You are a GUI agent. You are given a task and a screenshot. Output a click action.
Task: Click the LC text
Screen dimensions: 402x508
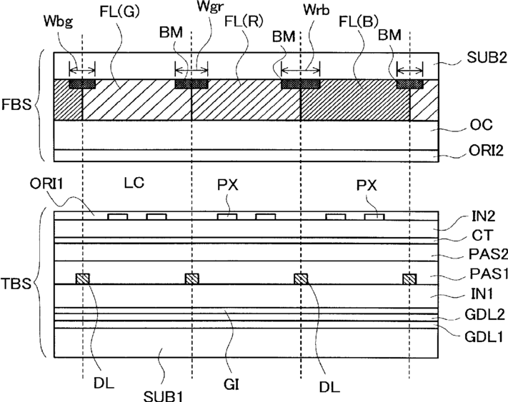point(134,183)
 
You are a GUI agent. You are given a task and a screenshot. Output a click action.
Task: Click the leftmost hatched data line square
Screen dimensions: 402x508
point(83,278)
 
